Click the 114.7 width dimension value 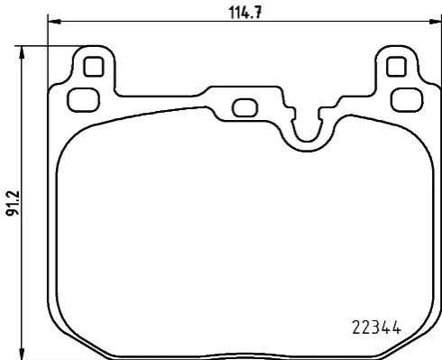pyautogui.click(x=245, y=13)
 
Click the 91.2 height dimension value pyautogui.click(x=14, y=203)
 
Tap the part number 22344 pyautogui.click(x=376, y=328)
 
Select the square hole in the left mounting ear pyautogui.click(x=94, y=67)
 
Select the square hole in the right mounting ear pyautogui.click(x=396, y=67)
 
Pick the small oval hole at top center pyautogui.click(x=245, y=108)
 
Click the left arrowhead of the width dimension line pyautogui.click(x=54, y=22)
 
